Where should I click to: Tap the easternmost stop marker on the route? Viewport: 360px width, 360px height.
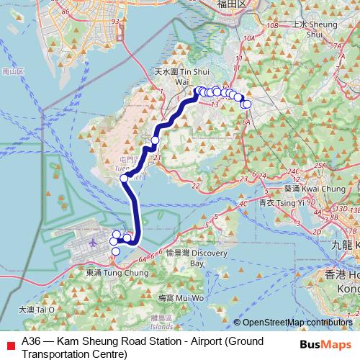(247, 104)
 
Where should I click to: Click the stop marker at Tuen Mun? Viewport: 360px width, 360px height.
(124, 178)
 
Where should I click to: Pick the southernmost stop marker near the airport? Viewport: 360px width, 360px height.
(115, 251)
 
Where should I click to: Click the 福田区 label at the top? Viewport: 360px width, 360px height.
(232, 4)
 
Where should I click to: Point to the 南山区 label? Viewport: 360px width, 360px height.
(13, 71)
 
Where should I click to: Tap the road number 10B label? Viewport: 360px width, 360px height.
(271, 25)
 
